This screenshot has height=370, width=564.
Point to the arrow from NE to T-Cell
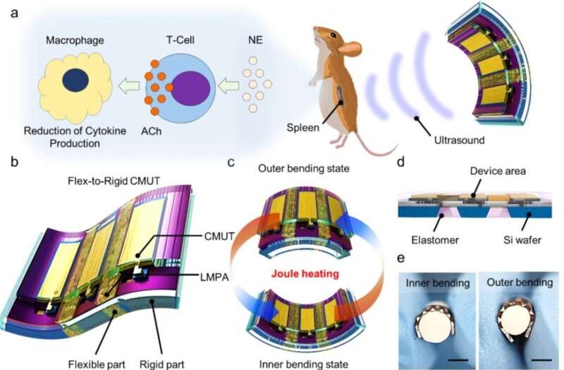229,88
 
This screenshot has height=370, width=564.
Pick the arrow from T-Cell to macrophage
128,88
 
